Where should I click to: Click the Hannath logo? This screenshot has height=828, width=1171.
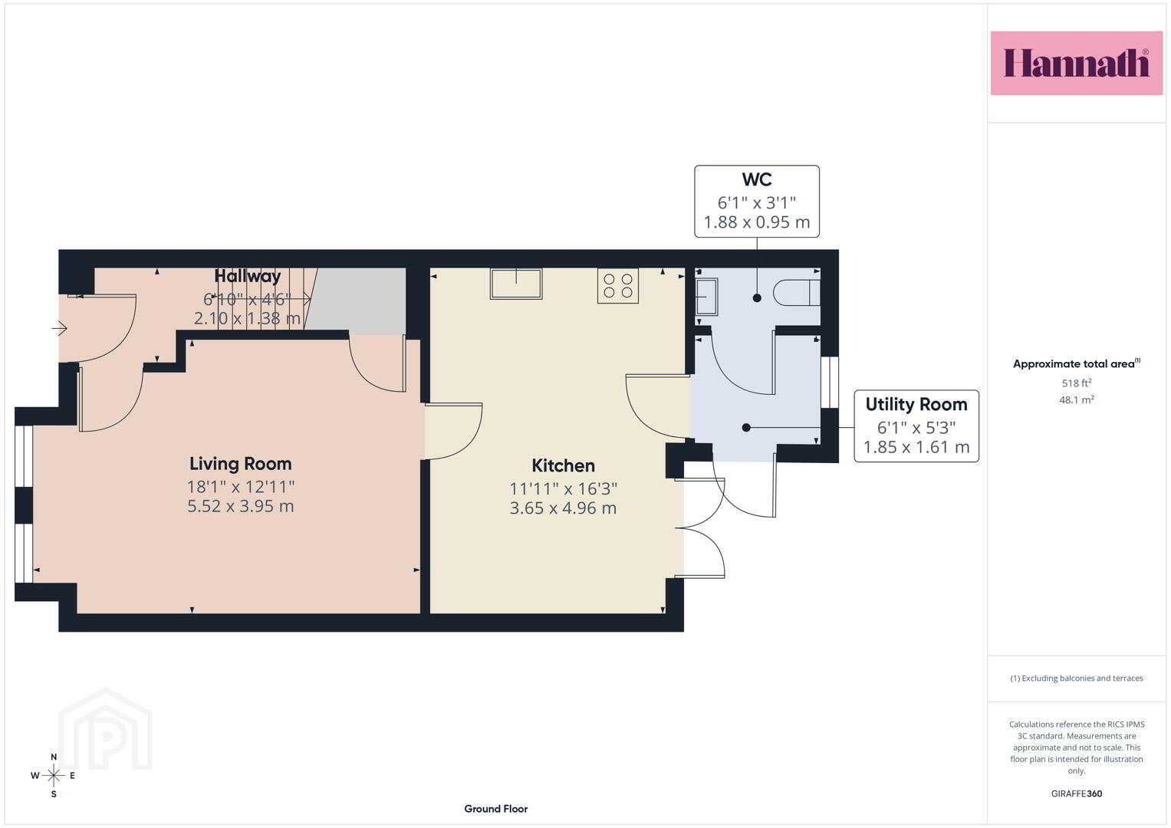click(1077, 63)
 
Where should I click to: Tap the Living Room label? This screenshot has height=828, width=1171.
click(241, 464)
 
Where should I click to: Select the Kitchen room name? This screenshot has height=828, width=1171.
click(563, 465)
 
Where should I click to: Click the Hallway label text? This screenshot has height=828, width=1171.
click(247, 276)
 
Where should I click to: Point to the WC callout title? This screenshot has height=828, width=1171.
click(756, 179)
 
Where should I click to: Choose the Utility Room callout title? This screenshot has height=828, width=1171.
click(916, 404)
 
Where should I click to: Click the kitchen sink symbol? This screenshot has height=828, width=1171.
click(516, 284)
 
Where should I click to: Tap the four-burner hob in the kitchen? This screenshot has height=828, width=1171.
click(618, 286)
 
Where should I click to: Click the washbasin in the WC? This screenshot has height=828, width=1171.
click(706, 297)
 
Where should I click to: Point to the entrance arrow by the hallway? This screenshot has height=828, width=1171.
click(59, 328)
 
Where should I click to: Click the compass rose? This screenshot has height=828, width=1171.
click(54, 775)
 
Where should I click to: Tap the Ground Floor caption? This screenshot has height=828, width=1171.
click(496, 809)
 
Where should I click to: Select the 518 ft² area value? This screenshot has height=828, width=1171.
click(1077, 383)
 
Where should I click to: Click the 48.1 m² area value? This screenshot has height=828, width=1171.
click(1077, 400)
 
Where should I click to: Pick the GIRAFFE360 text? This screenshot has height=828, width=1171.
click(1077, 793)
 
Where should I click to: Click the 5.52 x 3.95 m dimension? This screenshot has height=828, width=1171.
click(241, 506)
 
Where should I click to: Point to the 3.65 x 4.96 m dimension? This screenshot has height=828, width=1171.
click(563, 508)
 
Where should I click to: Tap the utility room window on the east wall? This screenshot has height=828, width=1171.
click(830, 382)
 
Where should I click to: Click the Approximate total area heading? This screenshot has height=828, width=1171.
click(1077, 364)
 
